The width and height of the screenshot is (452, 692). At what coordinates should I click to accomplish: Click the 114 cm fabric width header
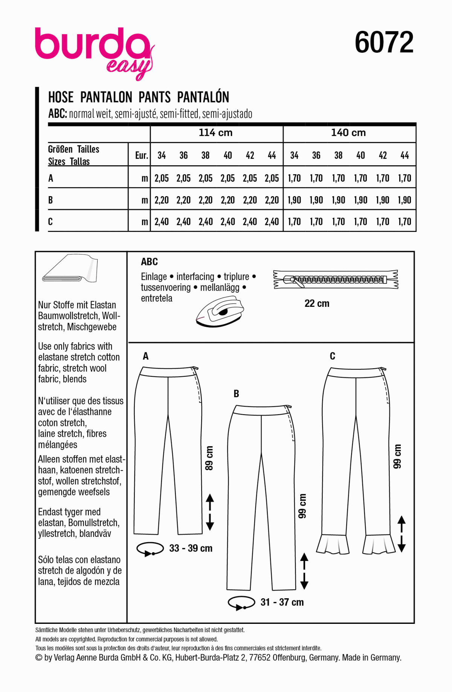pyautogui.click(x=215, y=133)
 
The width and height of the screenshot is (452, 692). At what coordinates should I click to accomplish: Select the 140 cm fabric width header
pyautogui.click(x=348, y=133)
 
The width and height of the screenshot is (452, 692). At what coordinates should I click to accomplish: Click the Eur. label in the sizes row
pyautogui.click(x=141, y=155)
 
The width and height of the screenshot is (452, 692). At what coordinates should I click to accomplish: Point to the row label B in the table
pyautogui.click(x=50, y=200)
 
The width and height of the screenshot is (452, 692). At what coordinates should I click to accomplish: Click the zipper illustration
pyautogui.click(x=335, y=279)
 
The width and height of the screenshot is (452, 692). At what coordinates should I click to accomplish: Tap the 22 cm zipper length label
pyautogui.click(x=317, y=303)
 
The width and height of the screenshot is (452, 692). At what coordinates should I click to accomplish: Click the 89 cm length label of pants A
pyautogui.click(x=209, y=458)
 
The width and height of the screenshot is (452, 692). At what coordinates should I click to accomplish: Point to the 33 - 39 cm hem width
pyautogui.click(x=191, y=548)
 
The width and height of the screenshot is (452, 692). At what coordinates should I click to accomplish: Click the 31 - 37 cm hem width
pyautogui.click(x=282, y=602)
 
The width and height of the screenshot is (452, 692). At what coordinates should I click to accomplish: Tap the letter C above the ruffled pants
pyautogui.click(x=332, y=356)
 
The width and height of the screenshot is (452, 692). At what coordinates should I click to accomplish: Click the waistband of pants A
pyautogui.click(x=168, y=372)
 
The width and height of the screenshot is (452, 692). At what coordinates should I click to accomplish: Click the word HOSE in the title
pyautogui.click(x=61, y=97)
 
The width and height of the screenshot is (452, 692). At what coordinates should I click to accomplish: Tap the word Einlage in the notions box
pyautogui.click(x=154, y=277)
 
